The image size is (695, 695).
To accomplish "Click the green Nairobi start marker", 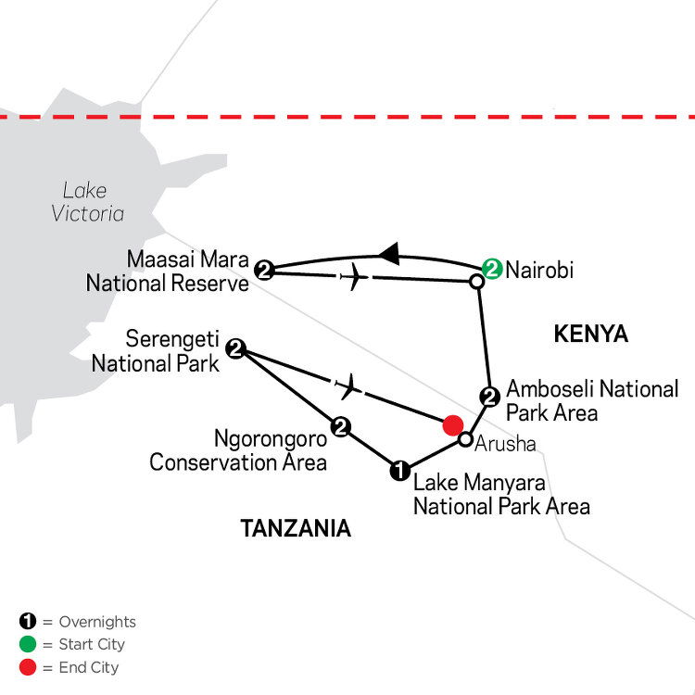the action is pos(492,269).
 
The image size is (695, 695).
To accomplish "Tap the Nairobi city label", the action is pos(539,270).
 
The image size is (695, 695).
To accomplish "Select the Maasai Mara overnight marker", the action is pos(264,270).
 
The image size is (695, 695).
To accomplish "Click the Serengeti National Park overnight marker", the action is pos(235,348).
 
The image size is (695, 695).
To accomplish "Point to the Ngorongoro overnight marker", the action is pos(340,427).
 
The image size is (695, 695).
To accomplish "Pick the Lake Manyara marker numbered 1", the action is pos(399,470).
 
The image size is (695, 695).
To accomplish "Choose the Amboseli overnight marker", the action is pos(490,397).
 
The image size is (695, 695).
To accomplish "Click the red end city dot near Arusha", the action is pos(453,425).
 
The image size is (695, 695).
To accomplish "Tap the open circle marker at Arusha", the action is pos(465,439).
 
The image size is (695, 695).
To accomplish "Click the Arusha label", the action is pos(505,444).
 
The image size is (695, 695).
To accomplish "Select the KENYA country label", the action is pos(591,334).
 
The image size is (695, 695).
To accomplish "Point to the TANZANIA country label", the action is pos(296,528).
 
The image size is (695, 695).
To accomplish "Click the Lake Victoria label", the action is pos(87,202).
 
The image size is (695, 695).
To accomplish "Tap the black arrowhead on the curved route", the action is pos(389,254).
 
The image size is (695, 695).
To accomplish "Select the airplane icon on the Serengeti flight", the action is pos(348,386).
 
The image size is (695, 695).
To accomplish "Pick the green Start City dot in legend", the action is pos(28,644).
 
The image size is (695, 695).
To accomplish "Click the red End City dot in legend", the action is pos(28,667).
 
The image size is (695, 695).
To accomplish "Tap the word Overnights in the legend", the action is pos(97,622).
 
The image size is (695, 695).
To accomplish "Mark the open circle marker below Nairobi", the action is pos(476,282).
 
